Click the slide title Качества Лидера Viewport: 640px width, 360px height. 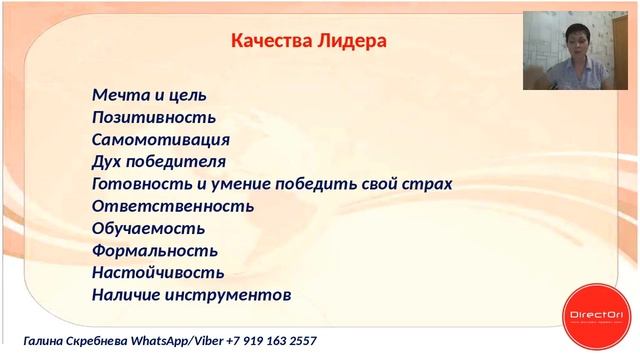[x=309, y=41]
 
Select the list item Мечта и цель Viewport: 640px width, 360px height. [x=149, y=96]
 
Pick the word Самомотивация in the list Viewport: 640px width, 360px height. [x=161, y=140]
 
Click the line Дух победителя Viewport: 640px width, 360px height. [x=158, y=162]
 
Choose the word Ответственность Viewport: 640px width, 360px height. [x=172, y=206]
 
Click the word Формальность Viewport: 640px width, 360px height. [x=154, y=250]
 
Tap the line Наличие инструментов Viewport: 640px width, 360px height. [x=191, y=295]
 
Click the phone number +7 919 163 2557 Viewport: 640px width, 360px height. [x=272, y=342]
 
